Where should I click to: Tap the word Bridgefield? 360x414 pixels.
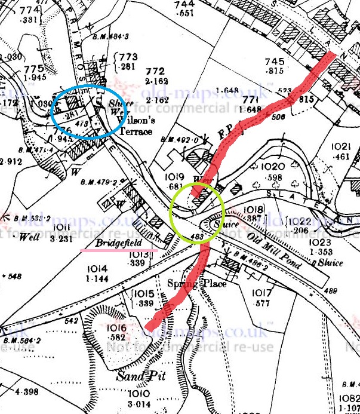(117, 244)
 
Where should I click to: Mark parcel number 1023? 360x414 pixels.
(320, 243)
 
